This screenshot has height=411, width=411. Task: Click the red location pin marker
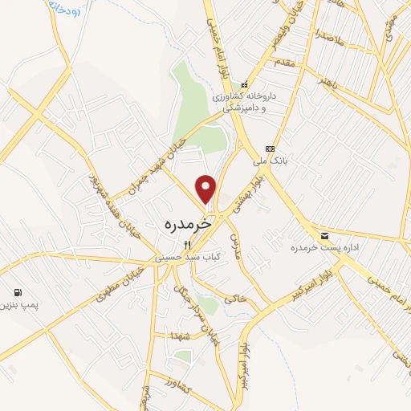coord(206,188)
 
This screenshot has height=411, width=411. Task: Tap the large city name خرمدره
coord(187,224)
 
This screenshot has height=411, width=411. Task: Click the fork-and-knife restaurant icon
coord(186,244)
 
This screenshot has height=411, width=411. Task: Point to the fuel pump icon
coord(17,292)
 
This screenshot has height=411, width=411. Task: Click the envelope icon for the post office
coord(324,236)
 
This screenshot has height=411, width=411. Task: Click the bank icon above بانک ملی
coord(270,149)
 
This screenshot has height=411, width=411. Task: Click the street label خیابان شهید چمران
coord(157,169)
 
